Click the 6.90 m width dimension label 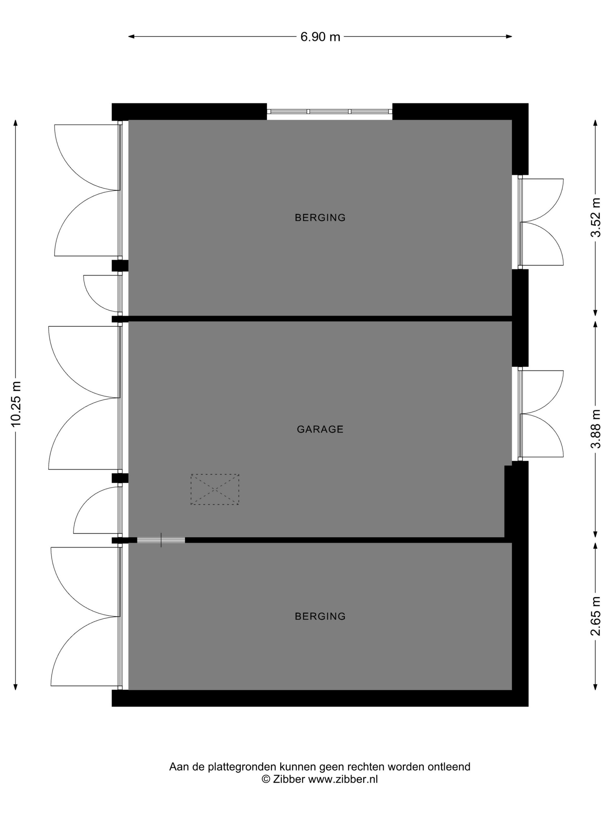click(x=320, y=37)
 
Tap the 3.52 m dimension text click(x=596, y=217)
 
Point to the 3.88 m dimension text click(x=596, y=429)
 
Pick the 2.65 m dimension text click(x=596, y=616)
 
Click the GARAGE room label click(x=320, y=429)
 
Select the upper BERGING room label click(x=320, y=218)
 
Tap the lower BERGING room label click(x=320, y=616)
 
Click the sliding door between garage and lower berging click(x=161, y=540)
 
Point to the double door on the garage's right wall click(x=541, y=414)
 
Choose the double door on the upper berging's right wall click(x=541, y=222)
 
